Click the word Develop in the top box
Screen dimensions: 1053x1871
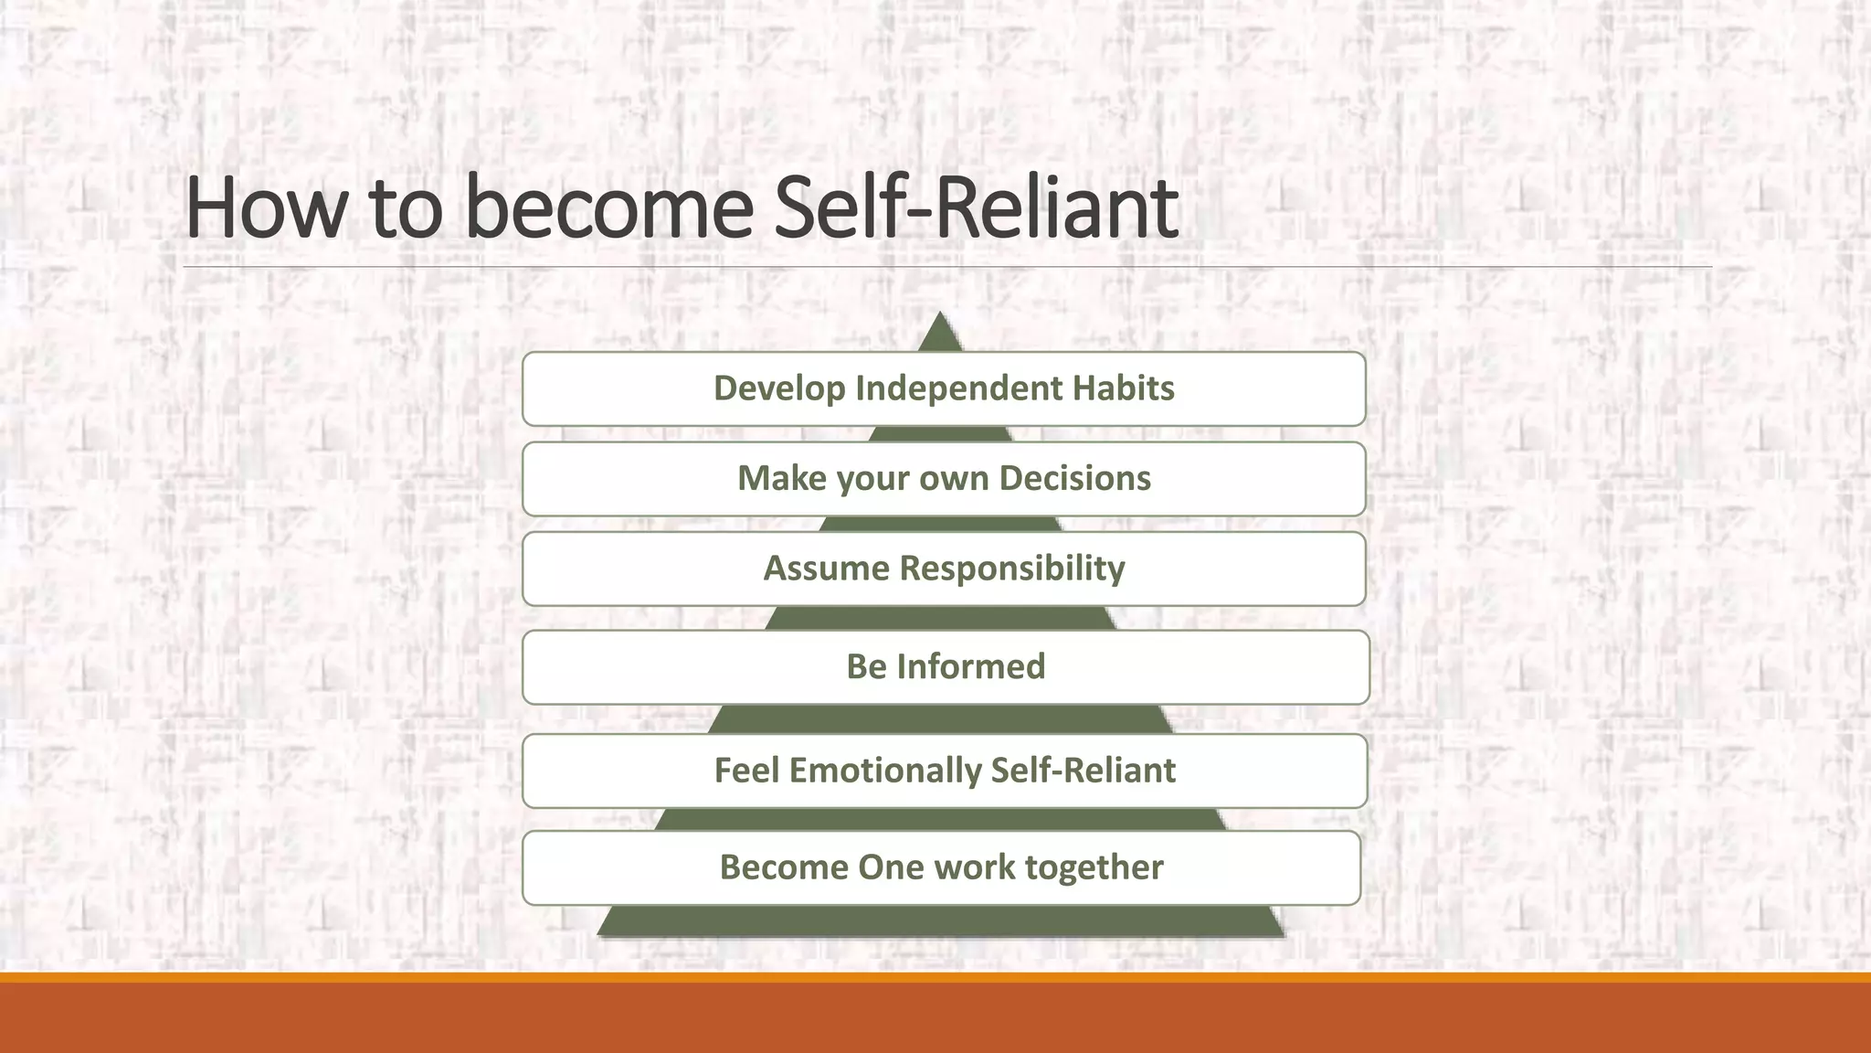click(x=779, y=388)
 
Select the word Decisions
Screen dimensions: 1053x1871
click(x=1074, y=478)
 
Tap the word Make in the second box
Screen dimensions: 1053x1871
click(x=781, y=478)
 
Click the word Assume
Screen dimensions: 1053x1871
click(x=826, y=569)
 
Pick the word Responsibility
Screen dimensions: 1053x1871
click(x=1012, y=569)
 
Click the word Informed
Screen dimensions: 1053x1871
click(x=970, y=666)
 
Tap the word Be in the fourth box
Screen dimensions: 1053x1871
click(x=866, y=666)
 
